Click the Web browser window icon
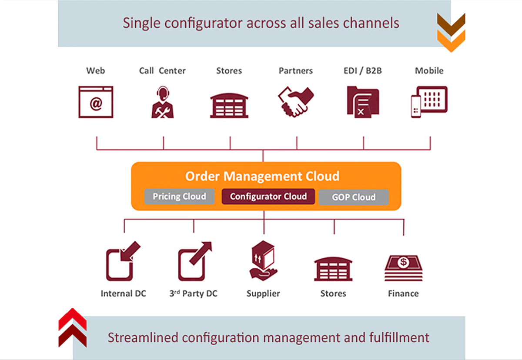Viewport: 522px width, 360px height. (96, 102)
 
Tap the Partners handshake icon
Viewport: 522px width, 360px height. (296, 102)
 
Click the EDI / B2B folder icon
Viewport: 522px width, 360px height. (363, 102)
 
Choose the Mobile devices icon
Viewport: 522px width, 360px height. (429, 102)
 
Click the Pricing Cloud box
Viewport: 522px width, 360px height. (179, 197)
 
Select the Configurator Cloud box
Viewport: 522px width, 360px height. (268, 197)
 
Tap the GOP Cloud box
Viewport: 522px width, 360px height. (354, 197)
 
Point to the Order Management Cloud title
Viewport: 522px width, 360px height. (262, 176)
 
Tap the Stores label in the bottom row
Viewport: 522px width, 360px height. (333, 293)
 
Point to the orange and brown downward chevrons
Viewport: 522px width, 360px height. (451, 32)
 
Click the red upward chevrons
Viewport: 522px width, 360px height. (73, 327)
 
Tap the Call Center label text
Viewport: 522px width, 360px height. (162, 70)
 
